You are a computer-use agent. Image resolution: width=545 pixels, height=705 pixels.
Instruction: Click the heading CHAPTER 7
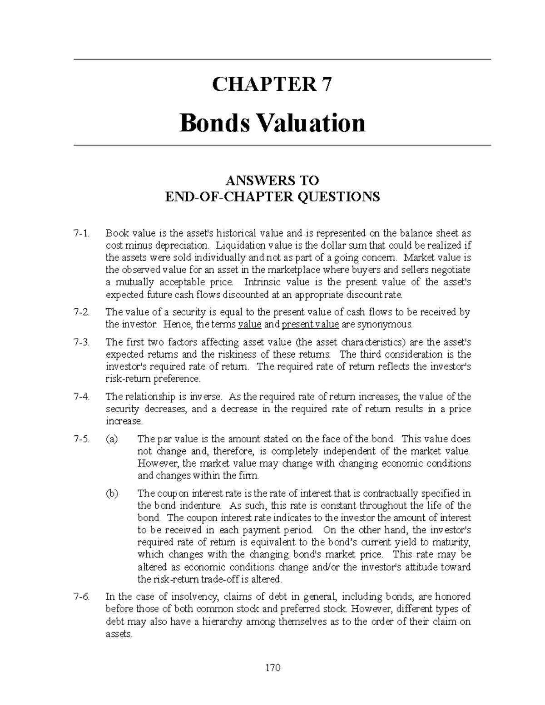[272, 84]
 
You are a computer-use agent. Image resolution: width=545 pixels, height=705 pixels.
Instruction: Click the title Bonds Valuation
[272, 123]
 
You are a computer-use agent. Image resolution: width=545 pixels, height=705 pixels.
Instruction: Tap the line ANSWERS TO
[272, 181]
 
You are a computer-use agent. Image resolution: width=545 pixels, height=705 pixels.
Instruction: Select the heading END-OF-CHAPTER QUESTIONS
[272, 197]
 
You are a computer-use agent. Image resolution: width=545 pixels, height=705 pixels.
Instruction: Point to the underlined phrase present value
[310, 325]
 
